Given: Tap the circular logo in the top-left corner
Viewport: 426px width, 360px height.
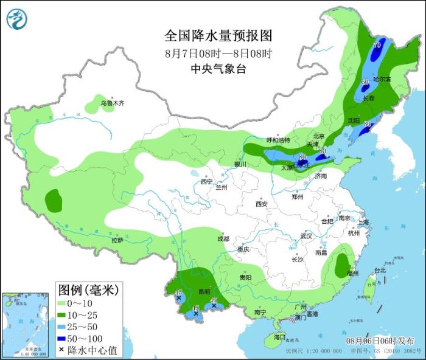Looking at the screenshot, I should (x=17, y=19).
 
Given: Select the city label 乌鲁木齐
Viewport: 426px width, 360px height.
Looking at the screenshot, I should (x=112, y=103).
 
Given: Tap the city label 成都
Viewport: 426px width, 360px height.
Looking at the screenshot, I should (x=222, y=239).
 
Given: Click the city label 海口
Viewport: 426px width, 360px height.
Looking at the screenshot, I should (x=279, y=336).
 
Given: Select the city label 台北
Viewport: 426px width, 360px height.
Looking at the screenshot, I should (x=379, y=271).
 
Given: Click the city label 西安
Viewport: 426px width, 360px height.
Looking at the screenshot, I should (x=262, y=204).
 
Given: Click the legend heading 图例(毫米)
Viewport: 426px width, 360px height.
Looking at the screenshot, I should (x=88, y=288).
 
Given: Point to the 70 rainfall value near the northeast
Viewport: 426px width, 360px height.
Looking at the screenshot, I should (x=377, y=46).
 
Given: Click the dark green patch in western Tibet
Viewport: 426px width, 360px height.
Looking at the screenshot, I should (x=54, y=199).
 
